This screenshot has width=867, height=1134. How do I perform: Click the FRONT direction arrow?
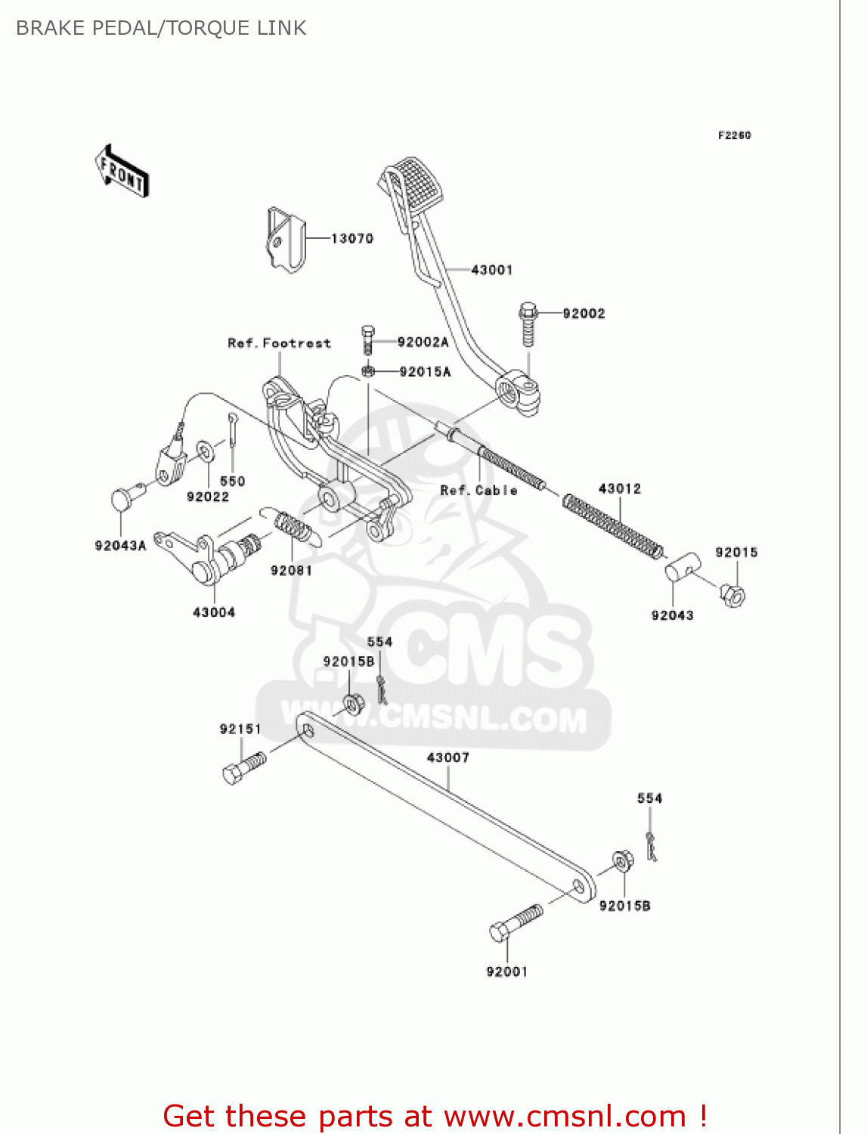(x=122, y=172)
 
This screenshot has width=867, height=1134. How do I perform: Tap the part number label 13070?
(x=352, y=239)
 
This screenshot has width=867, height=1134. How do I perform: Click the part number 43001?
(x=491, y=270)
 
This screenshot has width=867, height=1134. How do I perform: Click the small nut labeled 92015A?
(x=368, y=371)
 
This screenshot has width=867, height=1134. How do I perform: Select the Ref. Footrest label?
(x=279, y=343)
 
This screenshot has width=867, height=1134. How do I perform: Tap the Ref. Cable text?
(x=478, y=491)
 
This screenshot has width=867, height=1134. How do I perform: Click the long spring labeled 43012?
(x=614, y=525)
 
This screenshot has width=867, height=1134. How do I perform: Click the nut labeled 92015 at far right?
(x=732, y=596)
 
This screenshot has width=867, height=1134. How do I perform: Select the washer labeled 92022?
(x=205, y=452)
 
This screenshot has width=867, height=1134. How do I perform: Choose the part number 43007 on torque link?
(x=447, y=758)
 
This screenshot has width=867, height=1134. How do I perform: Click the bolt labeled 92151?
(x=244, y=767)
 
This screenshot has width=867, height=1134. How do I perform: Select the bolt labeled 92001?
(x=516, y=923)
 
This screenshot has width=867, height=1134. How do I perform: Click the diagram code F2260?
(x=734, y=135)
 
